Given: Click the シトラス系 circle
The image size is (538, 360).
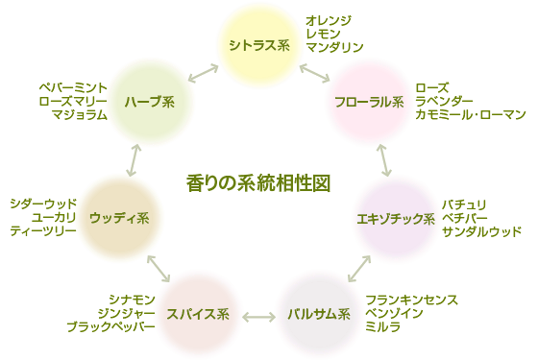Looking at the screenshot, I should [x=258, y=45].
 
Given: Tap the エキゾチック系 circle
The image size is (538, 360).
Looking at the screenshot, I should [x=396, y=219].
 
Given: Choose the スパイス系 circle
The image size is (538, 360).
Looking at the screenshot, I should [x=197, y=314].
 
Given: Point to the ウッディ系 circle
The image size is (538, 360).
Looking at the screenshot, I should [x=119, y=218].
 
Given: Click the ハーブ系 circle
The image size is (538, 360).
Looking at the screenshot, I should [x=148, y=102].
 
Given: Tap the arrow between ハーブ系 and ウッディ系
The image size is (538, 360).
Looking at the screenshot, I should [x=133, y=159].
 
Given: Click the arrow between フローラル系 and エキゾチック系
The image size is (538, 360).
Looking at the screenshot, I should [x=383, y=159].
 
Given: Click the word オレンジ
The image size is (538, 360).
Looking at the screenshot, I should [x=329, y=20].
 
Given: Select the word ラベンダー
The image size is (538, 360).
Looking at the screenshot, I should [x=446, y=101].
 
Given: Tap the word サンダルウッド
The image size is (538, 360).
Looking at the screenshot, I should [x=482, y=232].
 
